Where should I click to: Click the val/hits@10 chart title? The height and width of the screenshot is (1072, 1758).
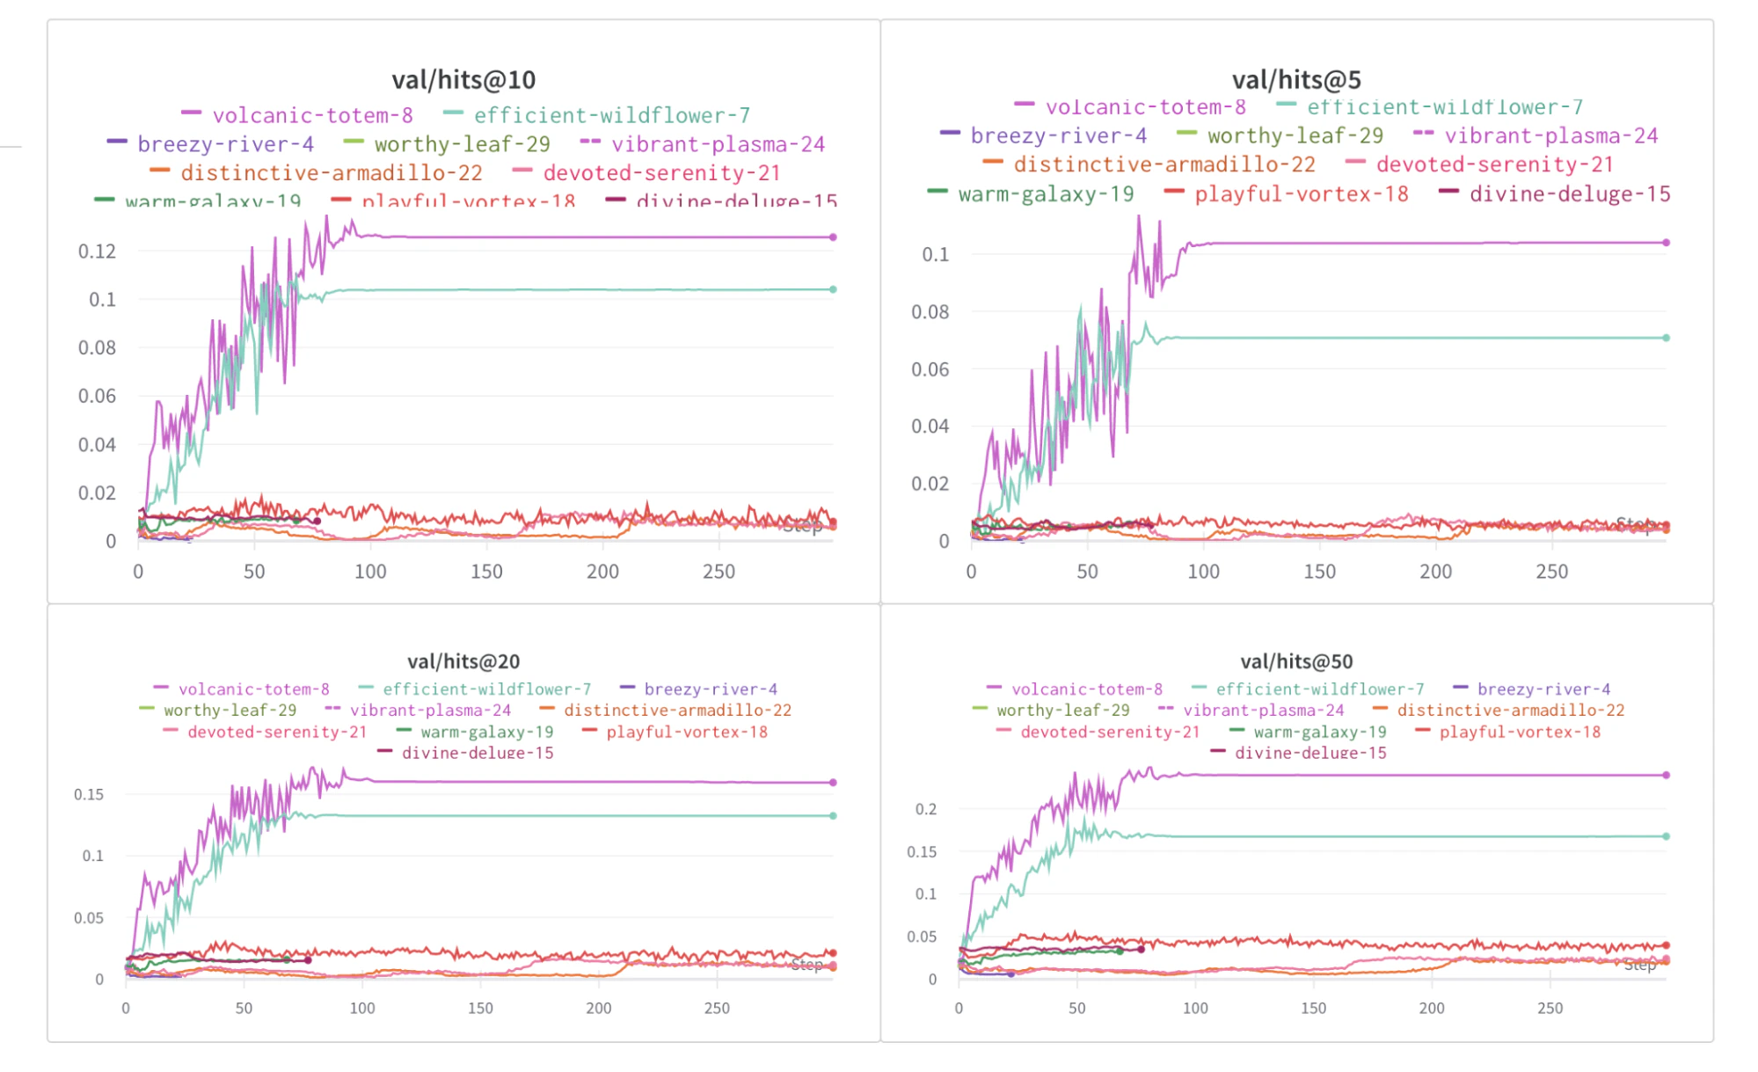pyautogui.click(x=463, y=80)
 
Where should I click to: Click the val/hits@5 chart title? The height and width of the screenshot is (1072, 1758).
pyautogui.click(x=1296, y=80)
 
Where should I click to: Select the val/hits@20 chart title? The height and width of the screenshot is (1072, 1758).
pyautogui.click(x=463, y=661)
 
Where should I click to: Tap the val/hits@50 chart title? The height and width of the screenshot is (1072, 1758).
pyautogui.click(x=1296, y=661)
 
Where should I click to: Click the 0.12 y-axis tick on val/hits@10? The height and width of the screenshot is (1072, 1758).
pyautogui.click(x=97, y=252)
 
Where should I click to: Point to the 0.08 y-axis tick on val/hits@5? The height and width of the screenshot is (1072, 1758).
pyautogui.click(x=930, y=311)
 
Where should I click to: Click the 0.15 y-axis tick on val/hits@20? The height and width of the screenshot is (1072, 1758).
pyautogui.click(x=88, y=794)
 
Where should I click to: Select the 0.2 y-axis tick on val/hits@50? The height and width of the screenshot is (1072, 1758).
pyautogui.click(x=925, y=809)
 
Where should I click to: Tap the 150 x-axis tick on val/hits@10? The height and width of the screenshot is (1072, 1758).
pyautogui.click(x=486, y=572)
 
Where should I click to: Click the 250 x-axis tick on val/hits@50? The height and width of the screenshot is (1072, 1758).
pyautogui.click(x=1550, y=1008)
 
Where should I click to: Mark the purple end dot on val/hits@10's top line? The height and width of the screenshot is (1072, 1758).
pyautogui.click(x=833, y=237)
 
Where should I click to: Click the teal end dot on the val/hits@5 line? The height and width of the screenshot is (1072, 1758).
pyautogui.click(x=1666, y=338)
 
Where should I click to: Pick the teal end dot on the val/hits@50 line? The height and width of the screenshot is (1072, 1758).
pyautogui.click(x=1666, y=836)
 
